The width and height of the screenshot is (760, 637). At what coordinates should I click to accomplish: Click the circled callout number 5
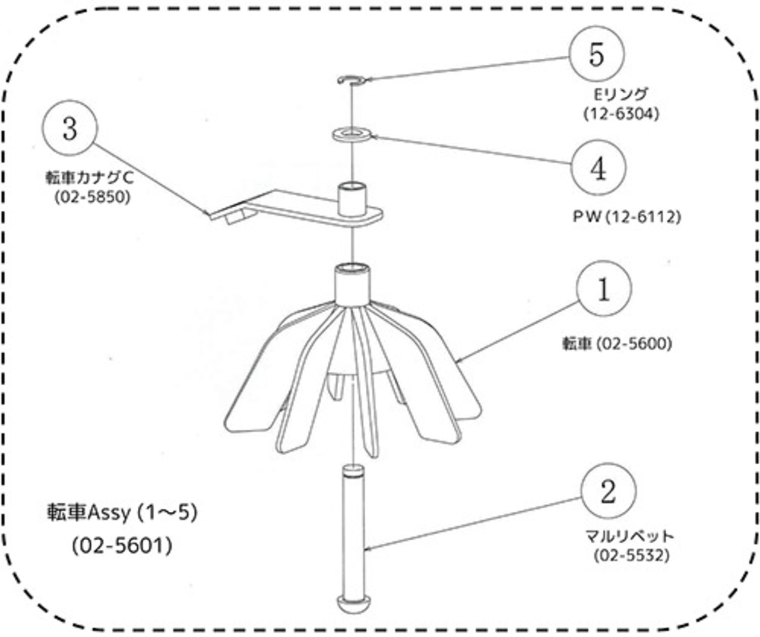[x=596, y=54]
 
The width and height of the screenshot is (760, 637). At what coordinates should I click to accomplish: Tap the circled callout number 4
[x=598, y=168]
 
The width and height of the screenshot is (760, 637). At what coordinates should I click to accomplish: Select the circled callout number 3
[x=70, y=128]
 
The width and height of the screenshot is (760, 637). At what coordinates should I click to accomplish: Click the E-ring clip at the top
[x=352, y=80]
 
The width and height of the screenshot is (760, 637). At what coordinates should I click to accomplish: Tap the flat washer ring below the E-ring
[x=352, y=135]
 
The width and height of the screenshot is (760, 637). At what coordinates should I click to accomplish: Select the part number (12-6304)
[x=621, y=114]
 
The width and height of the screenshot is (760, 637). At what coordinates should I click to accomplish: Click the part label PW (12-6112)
[x=627, y=217]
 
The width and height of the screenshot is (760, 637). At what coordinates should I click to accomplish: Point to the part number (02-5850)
[x=92, y=197]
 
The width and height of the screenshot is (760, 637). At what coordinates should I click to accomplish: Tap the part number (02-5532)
[x=632, y=556]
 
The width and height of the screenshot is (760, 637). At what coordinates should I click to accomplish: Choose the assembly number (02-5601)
[x=122, y=546]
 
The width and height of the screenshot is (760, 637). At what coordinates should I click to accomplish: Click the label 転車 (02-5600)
[x=617, y=344]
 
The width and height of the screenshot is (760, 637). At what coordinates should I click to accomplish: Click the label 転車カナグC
[x=89, y=177]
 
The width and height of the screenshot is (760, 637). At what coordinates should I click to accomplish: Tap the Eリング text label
[x=621, y=94]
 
